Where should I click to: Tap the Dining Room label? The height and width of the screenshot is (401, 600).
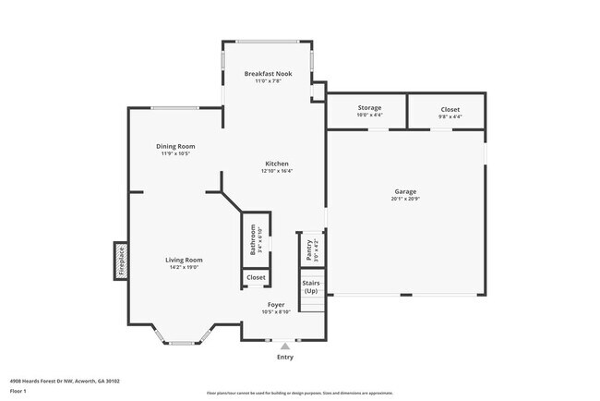[x=174, y=146]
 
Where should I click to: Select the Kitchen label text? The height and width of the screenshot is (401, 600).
[x=275, y=163]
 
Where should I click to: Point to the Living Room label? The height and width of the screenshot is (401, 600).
[x=184, y=260]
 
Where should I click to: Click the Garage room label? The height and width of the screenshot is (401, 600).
[x=405, y=191]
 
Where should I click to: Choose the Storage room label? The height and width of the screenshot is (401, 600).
[x=369, y=108]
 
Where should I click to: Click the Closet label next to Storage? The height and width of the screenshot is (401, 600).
[x=450, y=108]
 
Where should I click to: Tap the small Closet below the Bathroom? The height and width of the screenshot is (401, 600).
[x=256, y=277]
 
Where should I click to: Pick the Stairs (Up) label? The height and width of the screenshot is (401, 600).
[x=311, y=287]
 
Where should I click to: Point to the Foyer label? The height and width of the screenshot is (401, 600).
[x=276, y=304]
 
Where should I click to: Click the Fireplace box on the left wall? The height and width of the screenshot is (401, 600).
[x=120, y=260]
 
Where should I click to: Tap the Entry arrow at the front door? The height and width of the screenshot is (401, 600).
[x=285, y=346]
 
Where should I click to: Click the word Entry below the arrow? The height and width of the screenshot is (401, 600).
[x=285, y=357]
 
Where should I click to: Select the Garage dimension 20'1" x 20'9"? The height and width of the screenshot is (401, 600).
[x=405, y=199]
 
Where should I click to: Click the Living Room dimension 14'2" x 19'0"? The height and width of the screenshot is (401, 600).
[x=184, y=267]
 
